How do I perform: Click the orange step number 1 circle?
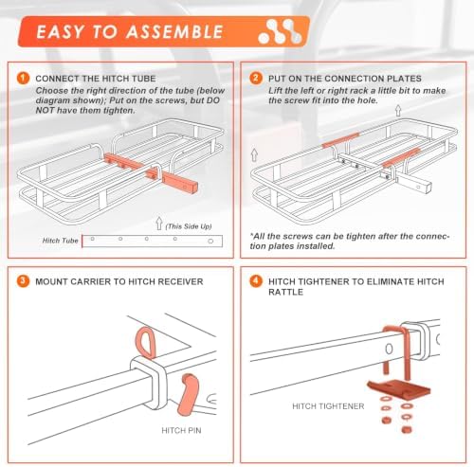(23, 78)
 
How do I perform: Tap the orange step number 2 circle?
(256, 78)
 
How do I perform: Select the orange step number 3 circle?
(23, 281)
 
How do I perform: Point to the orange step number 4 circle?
(256, 281)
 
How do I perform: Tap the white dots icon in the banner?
(280, 31)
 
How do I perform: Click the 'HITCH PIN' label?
(181, 430)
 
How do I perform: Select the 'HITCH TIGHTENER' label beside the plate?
(328, 406)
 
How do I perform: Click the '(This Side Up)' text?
(189, 226)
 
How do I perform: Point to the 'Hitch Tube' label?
(60, 241)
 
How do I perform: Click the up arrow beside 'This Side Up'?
(159, 224)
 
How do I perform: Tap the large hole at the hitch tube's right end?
(210, 242)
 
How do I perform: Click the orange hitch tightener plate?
(399, 388)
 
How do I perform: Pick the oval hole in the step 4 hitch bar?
(390, 349)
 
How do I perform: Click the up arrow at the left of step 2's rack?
(254, 154)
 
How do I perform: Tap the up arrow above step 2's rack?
(398, 110)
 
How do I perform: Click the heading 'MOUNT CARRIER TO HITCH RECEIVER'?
(119, 281)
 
